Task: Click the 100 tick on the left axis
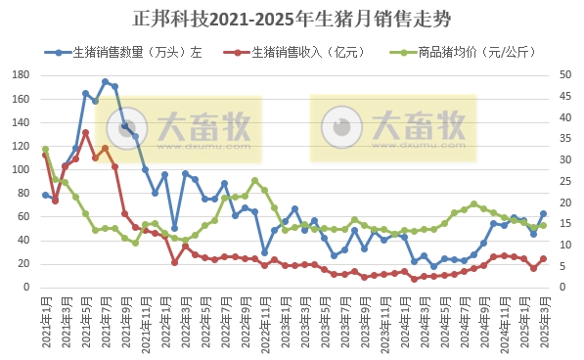click(22, 170)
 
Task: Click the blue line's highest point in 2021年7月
click(105, 82)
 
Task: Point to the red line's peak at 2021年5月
click(85, 133)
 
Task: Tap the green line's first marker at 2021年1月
click(45, 149)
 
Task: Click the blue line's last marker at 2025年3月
click(543, 213)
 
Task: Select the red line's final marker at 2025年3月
click(543, 259)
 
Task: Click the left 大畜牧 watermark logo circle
click(135, 126)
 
